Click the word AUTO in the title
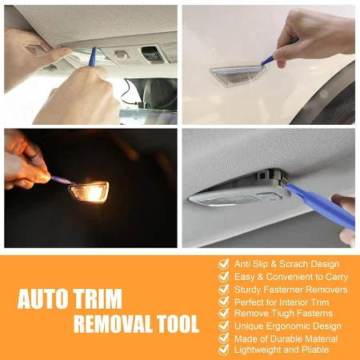(42, 298)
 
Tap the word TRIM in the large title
(98, 298)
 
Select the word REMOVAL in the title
(112, 324)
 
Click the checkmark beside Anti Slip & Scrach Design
(223, 264)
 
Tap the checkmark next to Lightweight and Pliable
(223, 350)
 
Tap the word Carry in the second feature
(337, 277)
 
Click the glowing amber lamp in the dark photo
(89, 191)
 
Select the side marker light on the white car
(238, 74)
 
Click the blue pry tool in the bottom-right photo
(318, 206)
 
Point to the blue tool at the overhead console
(92, 57)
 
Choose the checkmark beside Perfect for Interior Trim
(223, 302)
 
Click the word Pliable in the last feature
(315, 350)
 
